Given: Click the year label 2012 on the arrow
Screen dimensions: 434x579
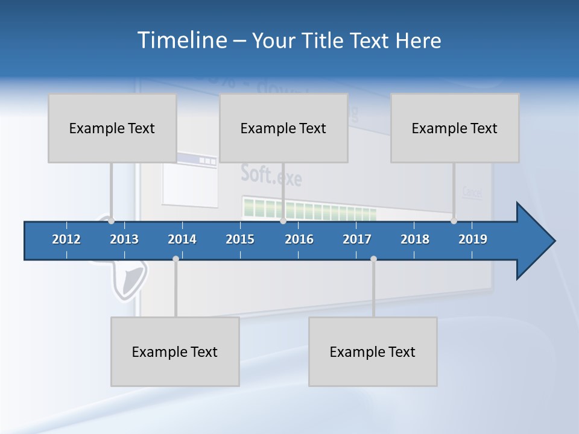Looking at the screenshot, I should [x=66, y=239].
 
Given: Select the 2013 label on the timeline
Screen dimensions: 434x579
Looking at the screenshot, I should [x=124, y=239].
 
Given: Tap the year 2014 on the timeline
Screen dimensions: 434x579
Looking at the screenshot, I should [x=182, y=239].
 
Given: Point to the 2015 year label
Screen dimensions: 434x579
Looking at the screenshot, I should [x=240, y=239].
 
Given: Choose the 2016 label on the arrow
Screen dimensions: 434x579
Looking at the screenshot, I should [x=299, y=239].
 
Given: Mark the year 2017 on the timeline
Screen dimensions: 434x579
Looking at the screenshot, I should [x=357, y=239].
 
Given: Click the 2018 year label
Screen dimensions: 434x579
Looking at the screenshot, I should [x=415, y=239].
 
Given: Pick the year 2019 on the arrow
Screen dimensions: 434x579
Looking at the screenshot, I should [x=473, y=239].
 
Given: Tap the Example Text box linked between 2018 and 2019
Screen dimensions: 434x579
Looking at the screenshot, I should [x=455, y=128].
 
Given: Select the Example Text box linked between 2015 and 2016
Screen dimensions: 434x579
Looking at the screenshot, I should [x=283, y=128].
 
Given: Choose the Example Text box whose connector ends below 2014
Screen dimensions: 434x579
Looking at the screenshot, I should [x=175, y=351].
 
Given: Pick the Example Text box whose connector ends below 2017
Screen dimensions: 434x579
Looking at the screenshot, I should [x=373, y=351].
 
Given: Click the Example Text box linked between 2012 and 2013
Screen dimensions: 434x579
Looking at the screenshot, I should [x=112, y=128].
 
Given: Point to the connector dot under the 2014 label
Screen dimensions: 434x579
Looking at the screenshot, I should [x=176, y=259].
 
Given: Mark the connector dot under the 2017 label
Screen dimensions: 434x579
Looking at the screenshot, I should [x=373, y=259].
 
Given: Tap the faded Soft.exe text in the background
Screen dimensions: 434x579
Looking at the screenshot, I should [x=271, y=175].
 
